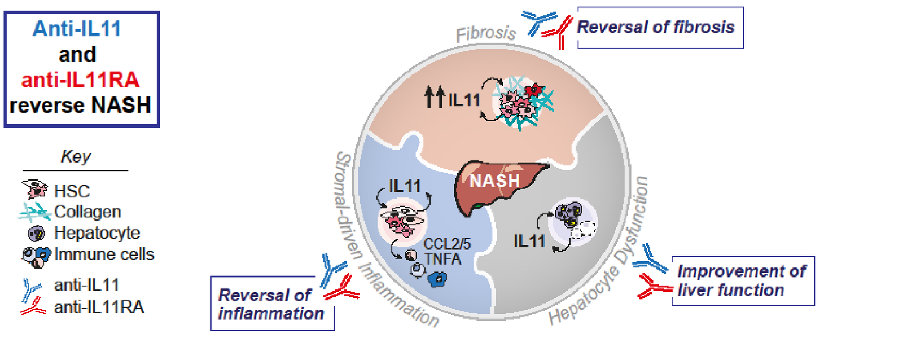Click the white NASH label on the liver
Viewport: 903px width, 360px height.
(x=494, y=181)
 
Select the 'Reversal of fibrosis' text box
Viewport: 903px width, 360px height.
(x=660, y=28)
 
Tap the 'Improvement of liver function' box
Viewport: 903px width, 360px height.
(x=743, y=280)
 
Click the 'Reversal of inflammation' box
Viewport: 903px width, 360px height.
(x=272, y=304)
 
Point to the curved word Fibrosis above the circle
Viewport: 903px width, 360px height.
(x=486, y=34)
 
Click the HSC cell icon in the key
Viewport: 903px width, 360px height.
(x=34, y=189)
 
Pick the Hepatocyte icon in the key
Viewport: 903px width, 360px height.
(x=36, y=234)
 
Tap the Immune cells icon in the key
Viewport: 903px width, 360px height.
(x=36, y=257)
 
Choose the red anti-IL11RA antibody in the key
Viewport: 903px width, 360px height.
(x=33, y=307)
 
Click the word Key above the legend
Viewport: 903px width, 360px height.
(x=76, y=156)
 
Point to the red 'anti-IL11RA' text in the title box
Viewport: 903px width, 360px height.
(x=80, y=80)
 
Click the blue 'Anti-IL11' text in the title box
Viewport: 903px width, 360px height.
(x=77, y=29)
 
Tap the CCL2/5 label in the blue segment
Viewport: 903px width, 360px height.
(x=447, y=244)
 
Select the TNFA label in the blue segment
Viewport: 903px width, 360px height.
(x=442, y=259)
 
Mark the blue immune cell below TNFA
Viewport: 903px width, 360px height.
(x=437, y=279)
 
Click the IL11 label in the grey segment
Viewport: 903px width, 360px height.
(x=529, y=241)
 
